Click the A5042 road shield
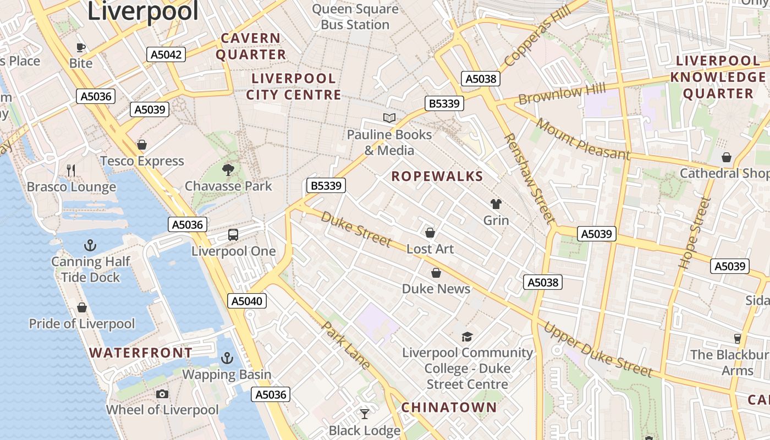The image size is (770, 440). click(x=166, y=54)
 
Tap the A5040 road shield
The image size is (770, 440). click(x=247, y=301)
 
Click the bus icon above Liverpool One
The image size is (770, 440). click(x=233, y=235)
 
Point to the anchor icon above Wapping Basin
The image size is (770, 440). click(x=227, y=358)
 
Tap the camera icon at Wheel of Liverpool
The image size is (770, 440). click(x=162, y=394)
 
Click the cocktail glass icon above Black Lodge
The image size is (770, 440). click(x=365, y=414)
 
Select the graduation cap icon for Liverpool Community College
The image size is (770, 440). click(x=467, y=337)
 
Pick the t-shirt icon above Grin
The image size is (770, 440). click(x=496, y=204)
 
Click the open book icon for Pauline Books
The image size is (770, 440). click(x=389, y=118)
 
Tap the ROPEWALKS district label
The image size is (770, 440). click(x=437, y=177)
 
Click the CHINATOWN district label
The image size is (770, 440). click(x=449, y=408)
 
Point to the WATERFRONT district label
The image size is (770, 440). click(x=141, y=353)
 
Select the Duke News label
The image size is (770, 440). click(x=436, y=289)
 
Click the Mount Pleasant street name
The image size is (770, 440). click(x=582, y=139)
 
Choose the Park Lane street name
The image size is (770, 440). click(x=346, y=345)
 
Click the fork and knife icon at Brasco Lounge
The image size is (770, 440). click(x=71, y=170)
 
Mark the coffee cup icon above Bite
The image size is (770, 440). click(x=81, y=47)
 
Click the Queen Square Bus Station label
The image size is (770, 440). click(x=355, y=16)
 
